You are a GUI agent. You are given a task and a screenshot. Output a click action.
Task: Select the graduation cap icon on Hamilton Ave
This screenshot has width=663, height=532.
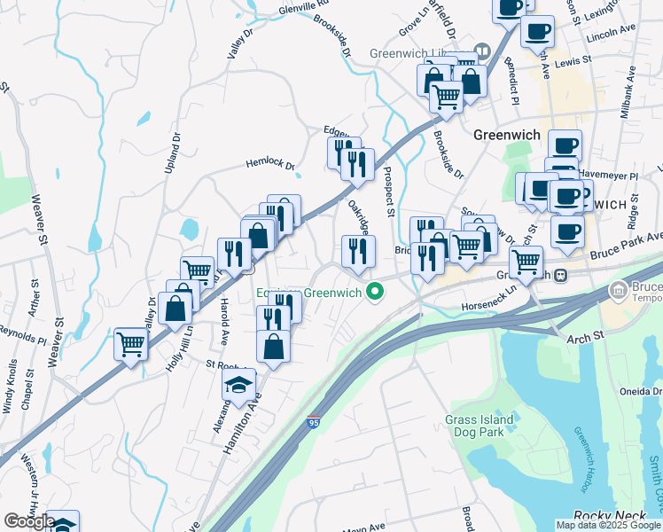(238, 385)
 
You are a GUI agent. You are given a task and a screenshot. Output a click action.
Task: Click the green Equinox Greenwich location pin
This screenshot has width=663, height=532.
(377, 292)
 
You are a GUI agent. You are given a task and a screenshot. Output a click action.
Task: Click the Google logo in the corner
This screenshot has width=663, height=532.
(28, 521)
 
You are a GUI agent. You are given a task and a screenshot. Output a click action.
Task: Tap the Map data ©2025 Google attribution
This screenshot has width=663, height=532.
(607, 526)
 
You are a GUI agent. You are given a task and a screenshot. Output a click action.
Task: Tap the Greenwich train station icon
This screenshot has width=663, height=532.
(561, 275)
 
